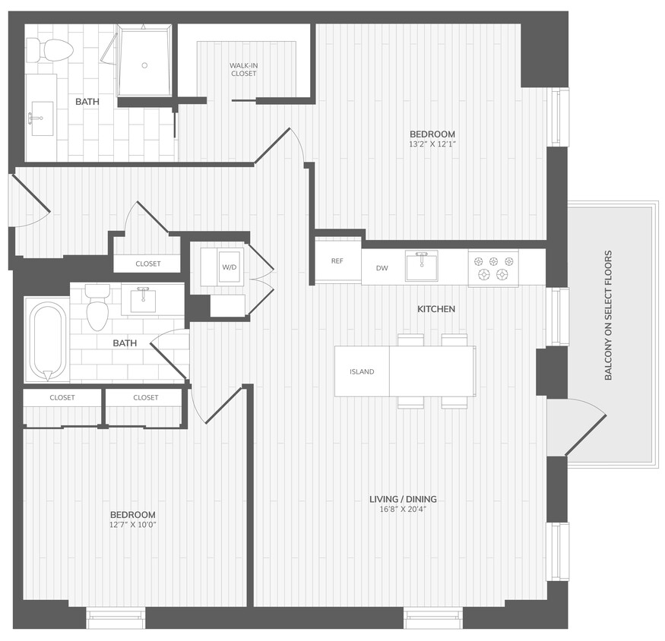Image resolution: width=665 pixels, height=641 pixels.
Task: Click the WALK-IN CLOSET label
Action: point(243,70)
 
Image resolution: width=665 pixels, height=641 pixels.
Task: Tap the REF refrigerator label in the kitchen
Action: point(337,261)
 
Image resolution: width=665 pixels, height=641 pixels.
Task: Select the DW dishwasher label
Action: point(382,267)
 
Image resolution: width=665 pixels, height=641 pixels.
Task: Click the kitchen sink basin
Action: point(421,267)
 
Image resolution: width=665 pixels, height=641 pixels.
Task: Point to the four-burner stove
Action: point(492,267)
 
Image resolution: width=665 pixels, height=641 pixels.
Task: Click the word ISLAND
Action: point(362,372)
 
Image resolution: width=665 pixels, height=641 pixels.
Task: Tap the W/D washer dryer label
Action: point(230,267)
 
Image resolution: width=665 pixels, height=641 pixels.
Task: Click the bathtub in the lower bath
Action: point(48,341)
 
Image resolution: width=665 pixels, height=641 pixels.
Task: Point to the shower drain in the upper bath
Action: point(144,65)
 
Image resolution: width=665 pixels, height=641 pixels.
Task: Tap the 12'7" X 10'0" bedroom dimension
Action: point(132,524)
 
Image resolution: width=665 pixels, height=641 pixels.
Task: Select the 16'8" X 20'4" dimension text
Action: point(403,510)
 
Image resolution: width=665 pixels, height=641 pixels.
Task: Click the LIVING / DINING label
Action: point(403,499)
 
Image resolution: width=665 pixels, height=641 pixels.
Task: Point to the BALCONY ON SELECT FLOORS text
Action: point(608,315)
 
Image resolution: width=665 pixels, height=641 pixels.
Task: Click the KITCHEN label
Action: point(436,309)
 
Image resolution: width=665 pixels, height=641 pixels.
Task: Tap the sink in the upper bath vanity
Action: point(41,118)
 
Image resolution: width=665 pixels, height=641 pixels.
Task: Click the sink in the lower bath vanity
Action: point(143,301)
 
